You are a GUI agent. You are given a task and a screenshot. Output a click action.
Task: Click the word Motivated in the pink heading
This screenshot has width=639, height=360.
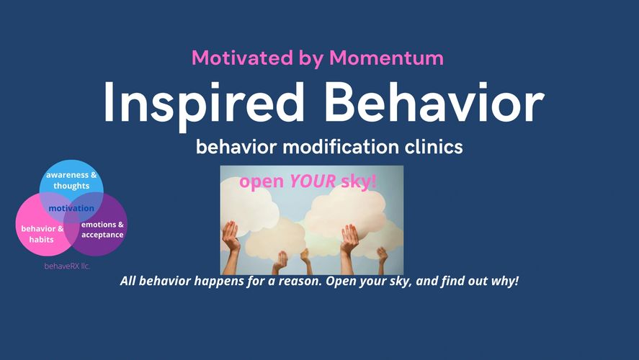tap(242, 58)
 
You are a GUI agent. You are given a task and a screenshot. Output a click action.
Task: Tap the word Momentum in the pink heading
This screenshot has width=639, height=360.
tap(386, 58)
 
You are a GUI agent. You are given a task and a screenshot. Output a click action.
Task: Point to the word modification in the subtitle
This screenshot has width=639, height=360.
tap(340, 147)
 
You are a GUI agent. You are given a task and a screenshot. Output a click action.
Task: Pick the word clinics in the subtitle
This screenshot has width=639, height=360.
tap(434, 147)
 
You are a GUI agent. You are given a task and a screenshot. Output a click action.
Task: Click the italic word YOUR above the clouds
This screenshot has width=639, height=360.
tap(313, 181)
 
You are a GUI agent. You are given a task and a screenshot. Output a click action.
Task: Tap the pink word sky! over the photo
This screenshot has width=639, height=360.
tap(359, 181)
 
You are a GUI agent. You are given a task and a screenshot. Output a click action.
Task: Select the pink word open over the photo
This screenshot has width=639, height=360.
tap(262, 182)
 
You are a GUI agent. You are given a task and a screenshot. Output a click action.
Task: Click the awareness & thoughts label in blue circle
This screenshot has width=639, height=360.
tap(71, 181)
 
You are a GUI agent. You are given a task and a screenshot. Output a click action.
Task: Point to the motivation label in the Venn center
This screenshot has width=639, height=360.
tap(71, 208)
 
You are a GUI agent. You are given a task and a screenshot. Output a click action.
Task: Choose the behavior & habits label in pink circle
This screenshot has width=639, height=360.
tap(42, 234)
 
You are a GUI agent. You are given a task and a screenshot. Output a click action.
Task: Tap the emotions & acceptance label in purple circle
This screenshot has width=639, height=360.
tap(102, 230)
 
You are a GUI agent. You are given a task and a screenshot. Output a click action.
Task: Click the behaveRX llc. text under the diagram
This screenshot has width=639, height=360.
tap(67, 266)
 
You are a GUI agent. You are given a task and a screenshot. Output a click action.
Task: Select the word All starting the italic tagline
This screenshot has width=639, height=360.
tap(128, 281)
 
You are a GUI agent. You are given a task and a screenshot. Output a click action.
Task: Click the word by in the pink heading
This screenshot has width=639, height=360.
tap(311, 58)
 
